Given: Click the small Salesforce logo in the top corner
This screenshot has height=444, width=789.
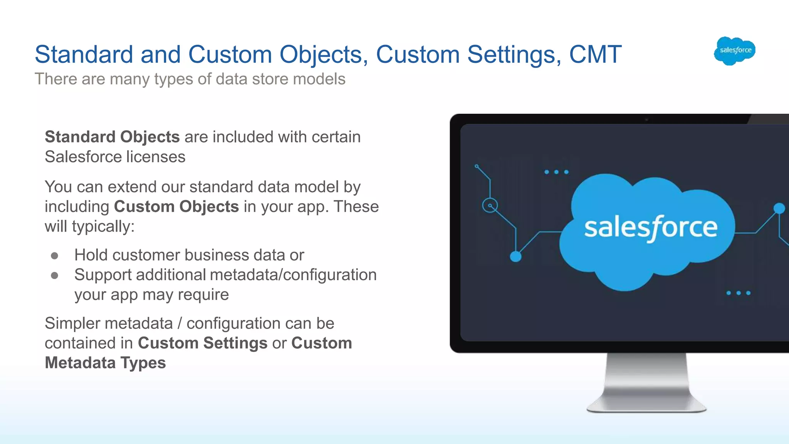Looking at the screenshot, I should [x=735, y=50].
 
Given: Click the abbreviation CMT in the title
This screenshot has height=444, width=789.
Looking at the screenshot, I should [x=595, y=54].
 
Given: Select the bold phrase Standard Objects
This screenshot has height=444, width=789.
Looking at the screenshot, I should [x=112, y=137].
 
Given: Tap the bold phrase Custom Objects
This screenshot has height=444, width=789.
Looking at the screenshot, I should [x=176, y=207].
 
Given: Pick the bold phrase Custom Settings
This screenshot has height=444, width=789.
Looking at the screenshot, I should [x=203, y=343].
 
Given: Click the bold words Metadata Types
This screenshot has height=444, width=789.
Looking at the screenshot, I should [x=105, y=363].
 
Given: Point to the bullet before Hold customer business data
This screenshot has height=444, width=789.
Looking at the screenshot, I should [x=55, y=256].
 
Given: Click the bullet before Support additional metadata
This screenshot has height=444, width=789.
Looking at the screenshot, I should [x=55, y=275].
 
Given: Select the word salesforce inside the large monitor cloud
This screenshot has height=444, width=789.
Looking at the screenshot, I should [x=651, y=227].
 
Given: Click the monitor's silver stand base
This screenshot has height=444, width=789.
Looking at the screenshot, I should [x=646, y=405].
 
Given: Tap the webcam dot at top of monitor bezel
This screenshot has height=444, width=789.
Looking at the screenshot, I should [x=646, y=120].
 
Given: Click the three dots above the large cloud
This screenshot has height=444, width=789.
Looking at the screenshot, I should [x=556, y=172].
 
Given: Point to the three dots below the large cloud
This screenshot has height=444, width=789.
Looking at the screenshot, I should [x=738, y=293].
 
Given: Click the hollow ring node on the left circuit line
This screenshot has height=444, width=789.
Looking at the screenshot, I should [x=490, y=205].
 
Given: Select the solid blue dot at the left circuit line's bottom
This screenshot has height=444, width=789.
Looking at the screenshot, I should [x=515, y=256].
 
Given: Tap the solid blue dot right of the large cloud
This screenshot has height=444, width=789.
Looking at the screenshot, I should [x=779, y=209].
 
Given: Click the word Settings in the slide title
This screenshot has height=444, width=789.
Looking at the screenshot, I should [x=514, y=54].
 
